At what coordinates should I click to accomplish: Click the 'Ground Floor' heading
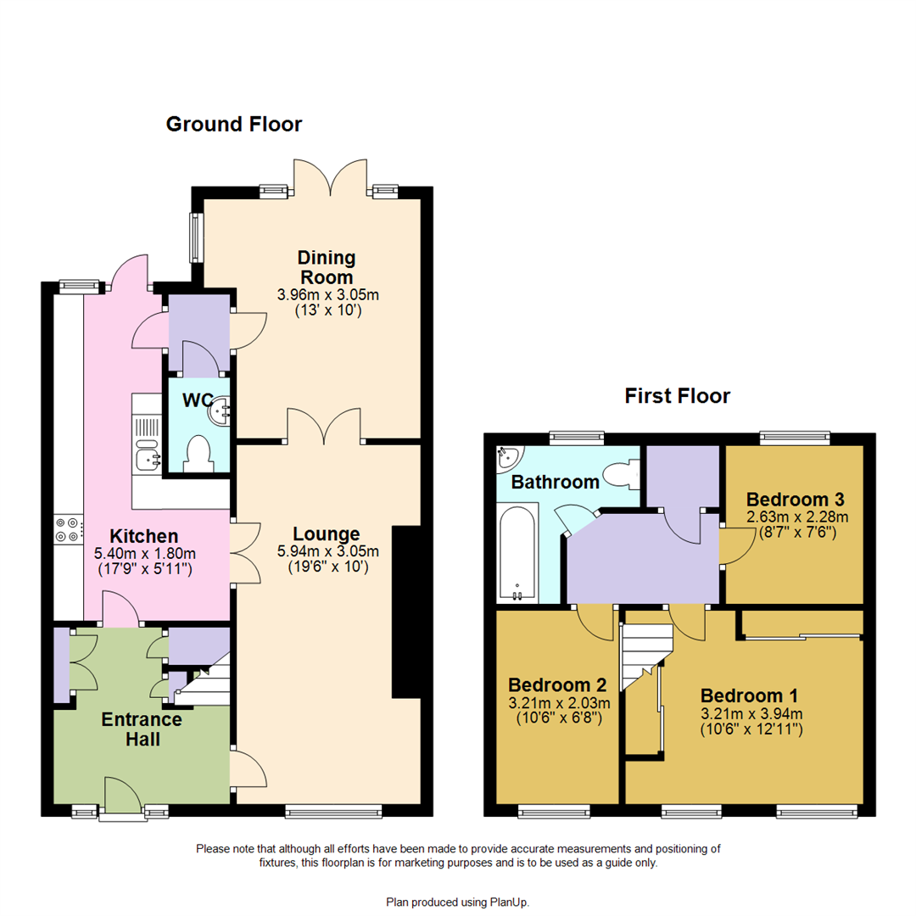[233, 125]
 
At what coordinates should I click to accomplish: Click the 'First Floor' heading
[677, 395]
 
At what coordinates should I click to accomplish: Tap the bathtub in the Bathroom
[517, 551]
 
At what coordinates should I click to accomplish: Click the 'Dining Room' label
[327, 267]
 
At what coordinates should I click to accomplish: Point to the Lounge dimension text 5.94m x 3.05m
[327, 551]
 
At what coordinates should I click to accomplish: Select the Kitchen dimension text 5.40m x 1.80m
[143, 553]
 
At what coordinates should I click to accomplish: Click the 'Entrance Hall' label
[142, 729]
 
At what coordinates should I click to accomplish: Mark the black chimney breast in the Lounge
[407, 611]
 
